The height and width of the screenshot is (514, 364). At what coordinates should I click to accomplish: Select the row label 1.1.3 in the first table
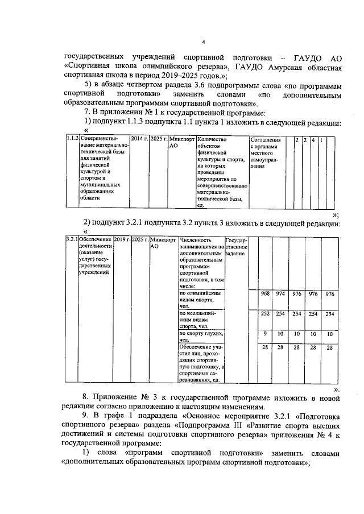click(x=72, y=139)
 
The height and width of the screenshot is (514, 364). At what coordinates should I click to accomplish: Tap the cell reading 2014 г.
click(x=139, y=139)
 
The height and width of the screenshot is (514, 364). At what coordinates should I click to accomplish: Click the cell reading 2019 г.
click(x=122, y=240)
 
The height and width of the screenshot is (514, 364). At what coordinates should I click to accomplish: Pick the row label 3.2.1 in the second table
click(x=72, y=240)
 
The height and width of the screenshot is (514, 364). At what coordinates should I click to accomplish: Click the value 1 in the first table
click(x=321, y=139)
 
